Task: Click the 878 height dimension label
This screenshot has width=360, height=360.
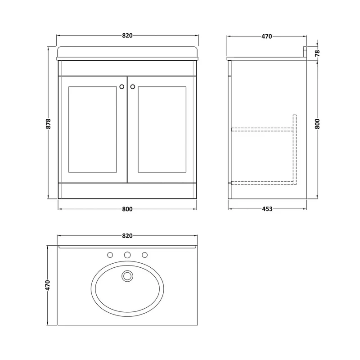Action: (49, 123)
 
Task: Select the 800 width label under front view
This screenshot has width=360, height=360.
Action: (127, 209)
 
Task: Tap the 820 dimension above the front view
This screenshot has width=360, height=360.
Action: (127, 36)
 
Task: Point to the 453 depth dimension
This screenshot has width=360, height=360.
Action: (267, 209)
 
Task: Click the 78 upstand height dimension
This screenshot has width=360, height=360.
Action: (317, 53)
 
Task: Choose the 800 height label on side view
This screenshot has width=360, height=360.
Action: (317, 124)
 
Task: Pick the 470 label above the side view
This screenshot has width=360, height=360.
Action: (267, 36)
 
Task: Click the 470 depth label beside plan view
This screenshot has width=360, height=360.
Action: (48, 285)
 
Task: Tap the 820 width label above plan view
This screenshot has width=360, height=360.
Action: (127, 236)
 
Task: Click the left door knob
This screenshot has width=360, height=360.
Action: (122, 86)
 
